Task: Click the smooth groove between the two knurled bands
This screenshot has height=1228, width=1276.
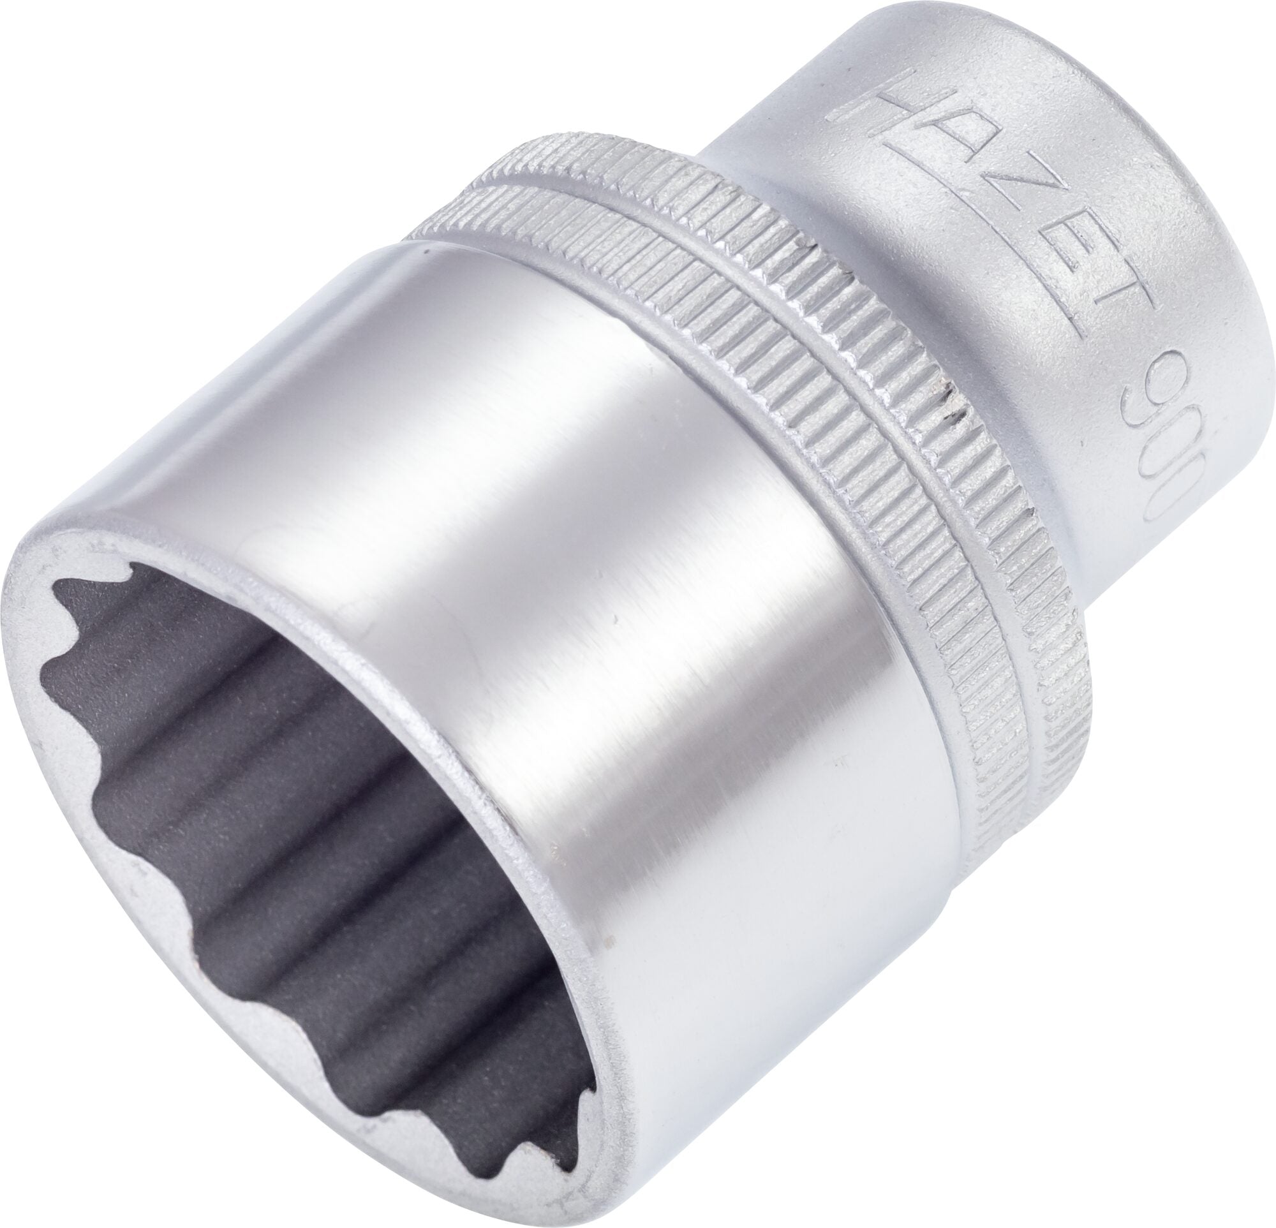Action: pyautogui.click(x=840, y=364)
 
